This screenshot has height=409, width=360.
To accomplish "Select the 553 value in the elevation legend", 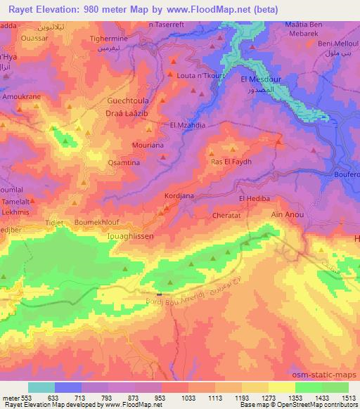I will pos(26,398).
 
